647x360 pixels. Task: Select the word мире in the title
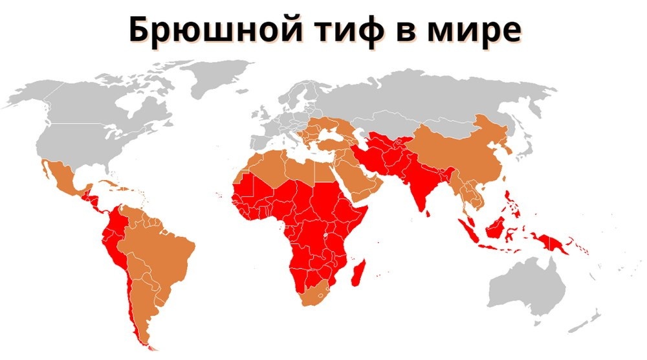pyautogui.click(x=475, y=29)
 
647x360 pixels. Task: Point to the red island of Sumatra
pyautogui.click(x=468, y=230)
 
